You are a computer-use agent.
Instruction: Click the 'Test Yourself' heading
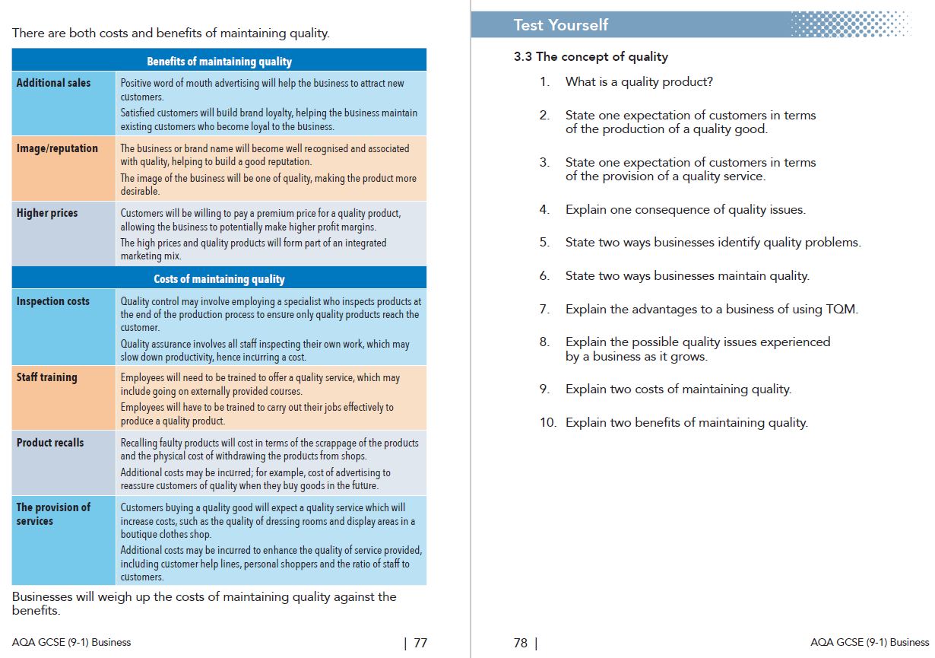[560, 25]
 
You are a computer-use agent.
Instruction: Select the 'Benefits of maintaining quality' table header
[219, 62]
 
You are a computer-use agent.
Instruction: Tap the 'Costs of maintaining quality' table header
[219, 279]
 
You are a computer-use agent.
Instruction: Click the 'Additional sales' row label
[53, 83]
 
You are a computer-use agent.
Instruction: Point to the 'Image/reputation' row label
[57, 148]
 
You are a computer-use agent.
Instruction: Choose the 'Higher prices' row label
[47, 213]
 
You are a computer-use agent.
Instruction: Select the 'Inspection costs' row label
[52, 301]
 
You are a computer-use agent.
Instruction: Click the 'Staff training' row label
[46, 377]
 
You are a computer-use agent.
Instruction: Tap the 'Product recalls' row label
[50, 442]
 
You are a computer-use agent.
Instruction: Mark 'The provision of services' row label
[52, 514]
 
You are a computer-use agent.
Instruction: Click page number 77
[420, 643]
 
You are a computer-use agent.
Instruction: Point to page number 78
[521, 643]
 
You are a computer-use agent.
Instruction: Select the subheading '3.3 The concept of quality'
[591, 56]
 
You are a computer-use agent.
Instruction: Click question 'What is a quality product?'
[639, 82]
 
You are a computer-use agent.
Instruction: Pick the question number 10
[547, 422]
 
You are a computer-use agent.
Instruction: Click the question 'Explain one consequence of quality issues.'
[685, 209]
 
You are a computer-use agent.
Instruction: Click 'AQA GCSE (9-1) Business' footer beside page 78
[870, 642]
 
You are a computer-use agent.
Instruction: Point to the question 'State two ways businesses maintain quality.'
[687, 275]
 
